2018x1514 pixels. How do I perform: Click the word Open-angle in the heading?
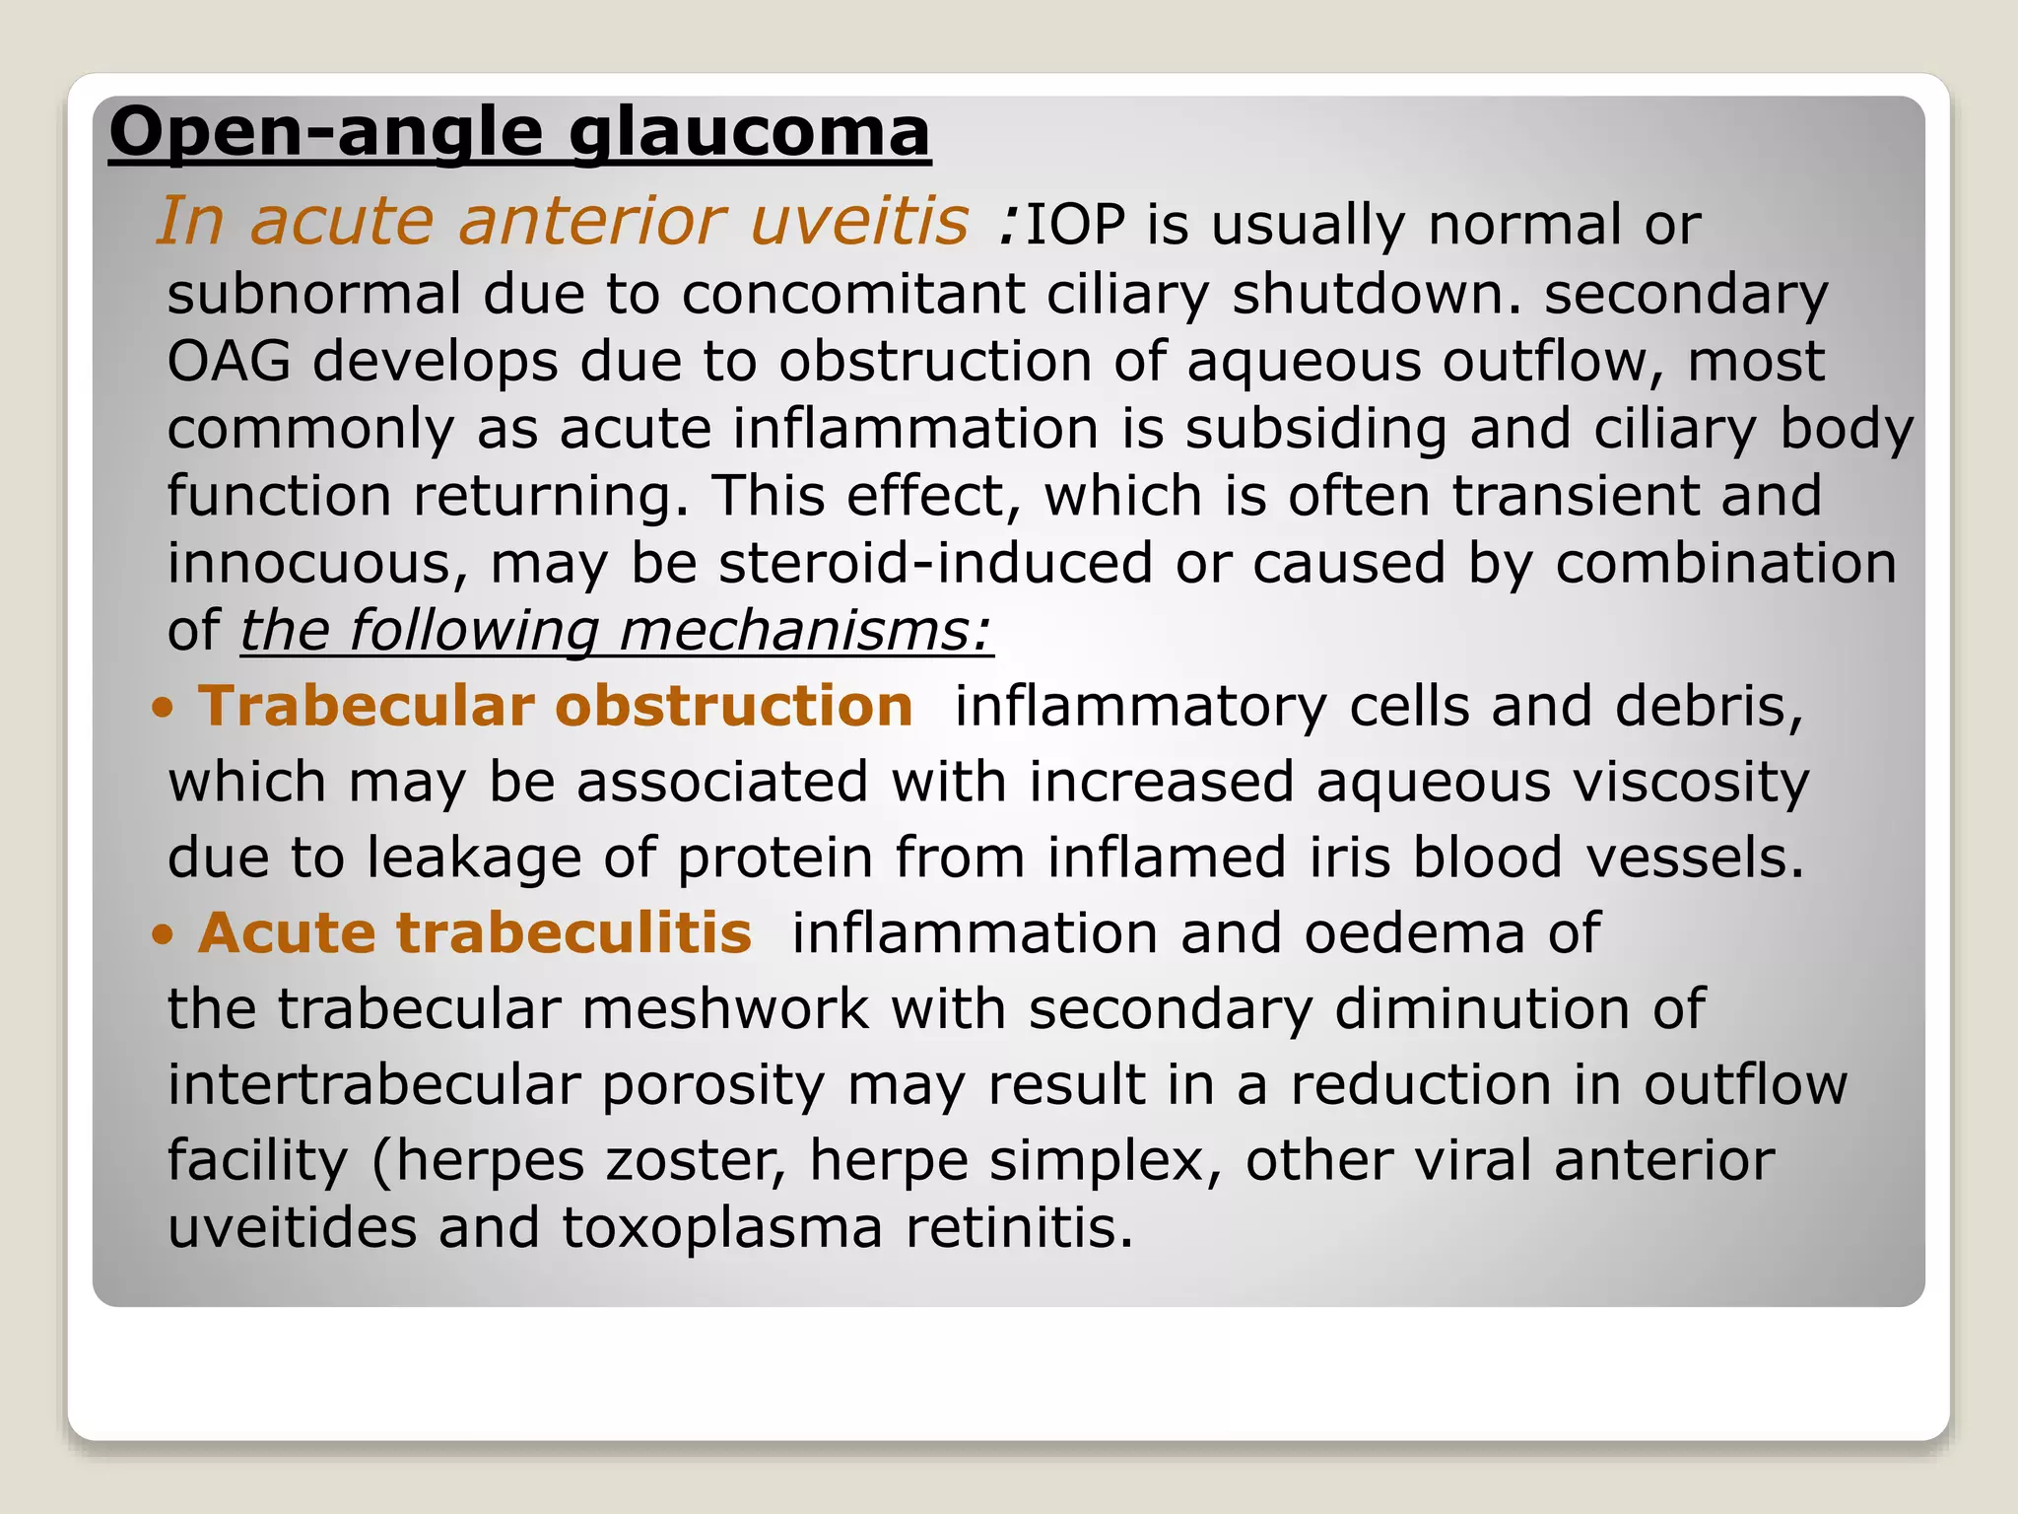coord(325,133)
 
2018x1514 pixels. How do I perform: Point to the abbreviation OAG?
coord(229,361)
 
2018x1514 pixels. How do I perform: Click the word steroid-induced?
coord(935,563)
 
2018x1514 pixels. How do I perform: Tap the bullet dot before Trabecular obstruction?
coord(164,708)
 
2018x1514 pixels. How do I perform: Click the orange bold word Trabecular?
coord(366,707)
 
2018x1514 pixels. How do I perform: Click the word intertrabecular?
coord(373,1085)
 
